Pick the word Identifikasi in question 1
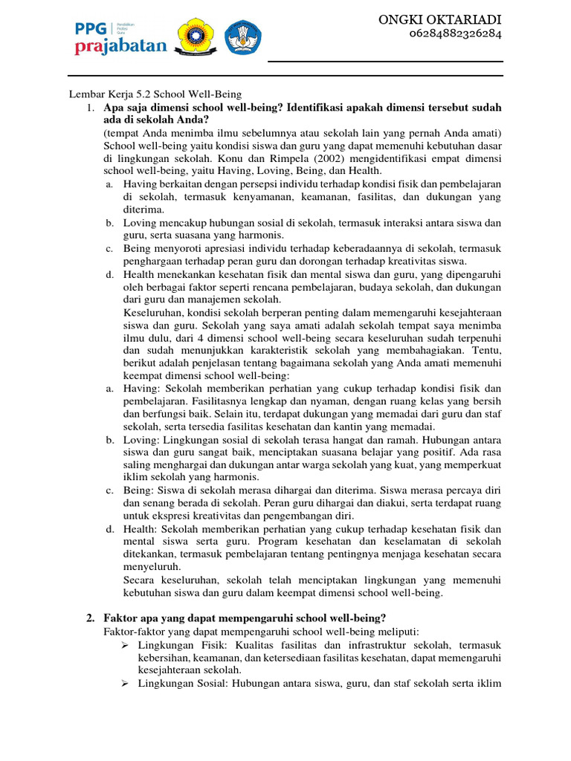pos(351,109)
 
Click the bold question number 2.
pos(90,618)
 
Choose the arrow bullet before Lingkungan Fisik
pos(127,644)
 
